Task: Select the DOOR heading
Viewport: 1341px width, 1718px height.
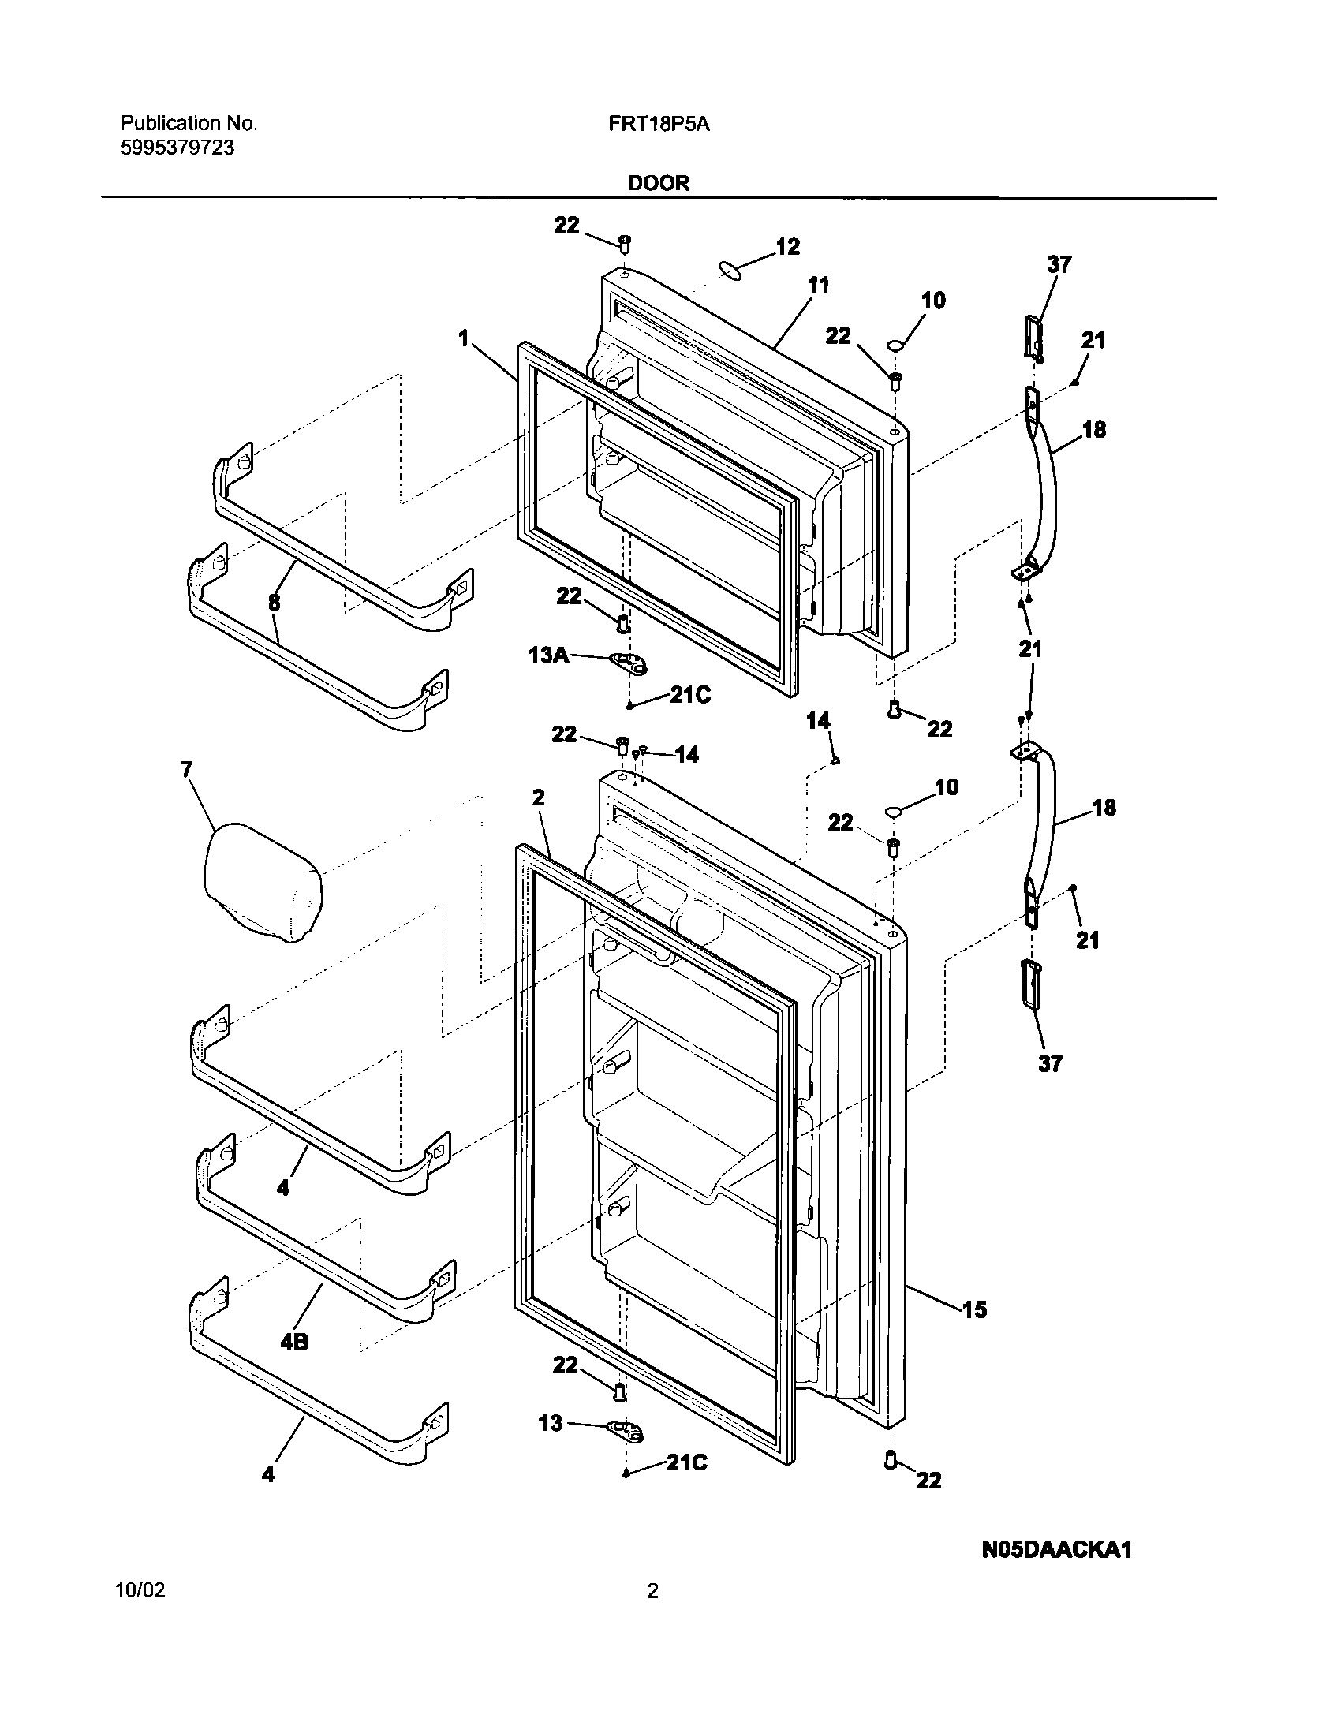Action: pos(659,183)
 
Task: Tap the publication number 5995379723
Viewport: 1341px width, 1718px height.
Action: pos(177,148)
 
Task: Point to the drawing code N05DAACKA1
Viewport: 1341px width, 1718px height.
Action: pos(1056,1550)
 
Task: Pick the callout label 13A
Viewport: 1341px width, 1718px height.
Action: pos(547,654)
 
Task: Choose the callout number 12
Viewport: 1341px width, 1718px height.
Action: pos(787,247)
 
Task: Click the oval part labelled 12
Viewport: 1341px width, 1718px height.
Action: pos(732,271)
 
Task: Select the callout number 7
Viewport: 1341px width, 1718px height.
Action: pos(187,769)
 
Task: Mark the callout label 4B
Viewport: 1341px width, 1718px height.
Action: pos(294,1341)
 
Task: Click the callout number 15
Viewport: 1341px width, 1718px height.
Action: pos(975,1310)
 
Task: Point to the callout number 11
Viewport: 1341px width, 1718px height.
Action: pos(819,285)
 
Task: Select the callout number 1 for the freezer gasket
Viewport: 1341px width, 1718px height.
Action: pos(464,338)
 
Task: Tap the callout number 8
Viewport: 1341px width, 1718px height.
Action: pos(274,603)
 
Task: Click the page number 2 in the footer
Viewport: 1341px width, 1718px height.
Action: pos(653,1613)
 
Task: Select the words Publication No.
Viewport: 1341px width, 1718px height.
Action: pos(189,124)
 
